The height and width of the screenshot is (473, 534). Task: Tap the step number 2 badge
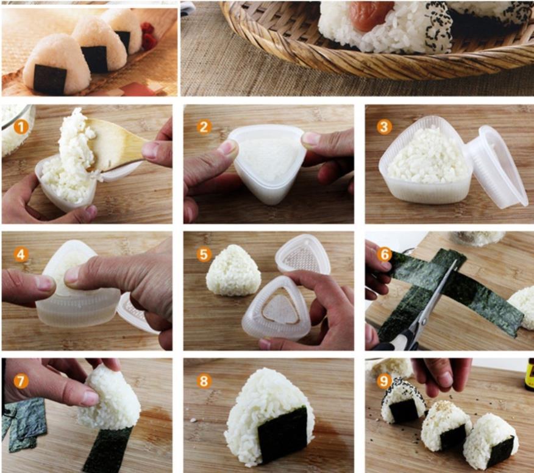tap(204, 127)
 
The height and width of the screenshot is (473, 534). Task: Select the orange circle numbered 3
tap(384, 127)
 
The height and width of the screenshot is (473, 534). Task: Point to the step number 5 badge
tap(204, 254)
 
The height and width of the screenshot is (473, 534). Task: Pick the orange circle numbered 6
tap(384, 254)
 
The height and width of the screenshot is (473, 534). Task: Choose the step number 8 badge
tap(204, 381)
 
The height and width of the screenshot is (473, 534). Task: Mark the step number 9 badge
tap(384, 381)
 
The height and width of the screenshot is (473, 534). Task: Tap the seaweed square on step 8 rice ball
tap(282, 434)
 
